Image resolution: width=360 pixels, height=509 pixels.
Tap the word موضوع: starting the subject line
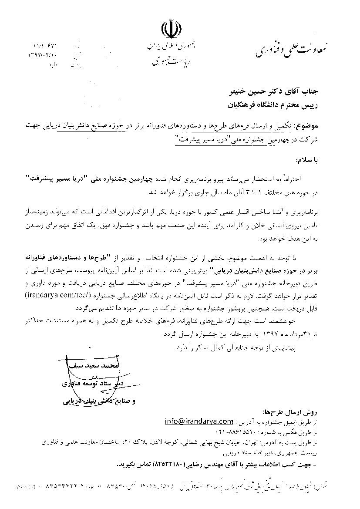coord(307,126)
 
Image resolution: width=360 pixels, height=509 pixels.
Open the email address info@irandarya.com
coord(199,421)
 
